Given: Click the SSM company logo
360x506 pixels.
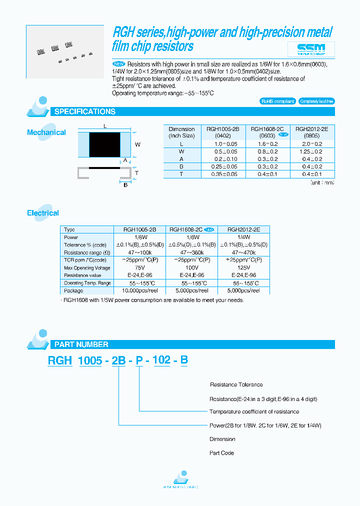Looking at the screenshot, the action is [310, 49].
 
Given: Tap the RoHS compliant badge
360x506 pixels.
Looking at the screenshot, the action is [278, 101].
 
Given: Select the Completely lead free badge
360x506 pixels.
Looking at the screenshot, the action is [317, 101].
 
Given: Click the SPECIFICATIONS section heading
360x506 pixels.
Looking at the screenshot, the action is [85, 111].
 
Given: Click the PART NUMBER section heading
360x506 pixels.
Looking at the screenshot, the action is [81, 344].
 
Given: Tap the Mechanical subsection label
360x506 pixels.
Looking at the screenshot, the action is [46, 132].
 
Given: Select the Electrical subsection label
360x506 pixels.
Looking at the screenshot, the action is [43, 213].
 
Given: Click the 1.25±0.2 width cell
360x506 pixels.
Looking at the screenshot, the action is [311, 150].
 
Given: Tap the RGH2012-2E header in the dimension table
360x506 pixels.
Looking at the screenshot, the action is [311, 128].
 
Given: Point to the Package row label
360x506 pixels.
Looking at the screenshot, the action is [73, 290].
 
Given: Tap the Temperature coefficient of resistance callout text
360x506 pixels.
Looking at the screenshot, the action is [254, 411].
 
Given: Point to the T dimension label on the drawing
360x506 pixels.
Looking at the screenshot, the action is [136, 173].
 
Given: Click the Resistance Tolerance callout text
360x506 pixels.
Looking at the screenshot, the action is [236, 384].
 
